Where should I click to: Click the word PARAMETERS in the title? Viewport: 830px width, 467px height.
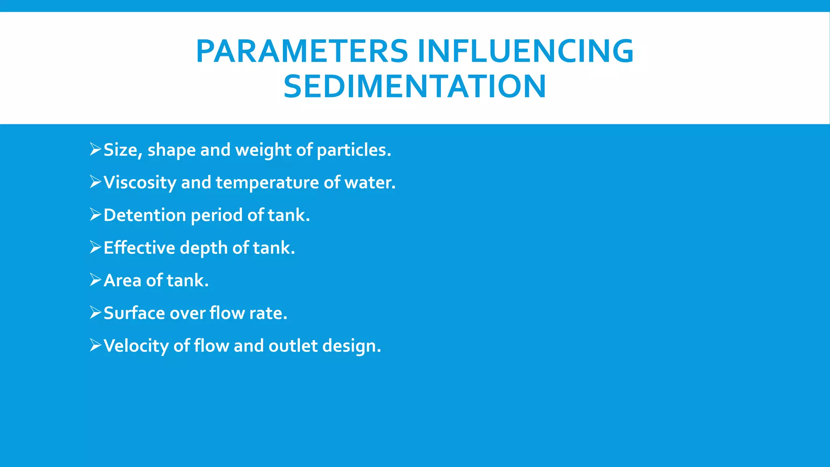pos(302,51)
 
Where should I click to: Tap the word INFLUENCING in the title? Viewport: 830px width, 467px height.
pos(526,51)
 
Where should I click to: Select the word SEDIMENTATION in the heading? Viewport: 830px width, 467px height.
pos(415,86)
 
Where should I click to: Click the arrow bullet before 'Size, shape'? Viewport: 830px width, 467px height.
pos(95,149)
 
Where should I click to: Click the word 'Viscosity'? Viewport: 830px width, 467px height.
pos(140,182)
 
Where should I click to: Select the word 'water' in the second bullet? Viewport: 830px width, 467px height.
pos(369,182)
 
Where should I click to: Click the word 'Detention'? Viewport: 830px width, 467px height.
pos(145,215)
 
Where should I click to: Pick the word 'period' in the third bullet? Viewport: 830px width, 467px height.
pos(216,215)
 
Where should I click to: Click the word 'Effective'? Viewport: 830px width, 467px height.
pos(139,248)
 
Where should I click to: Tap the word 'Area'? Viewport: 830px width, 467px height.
pos(122,281)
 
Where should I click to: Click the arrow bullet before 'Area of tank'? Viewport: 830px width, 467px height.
pos(95,280)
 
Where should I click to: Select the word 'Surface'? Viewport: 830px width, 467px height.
pos(134,313)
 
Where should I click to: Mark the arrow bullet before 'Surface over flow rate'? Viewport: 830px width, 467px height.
pos(95,312)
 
